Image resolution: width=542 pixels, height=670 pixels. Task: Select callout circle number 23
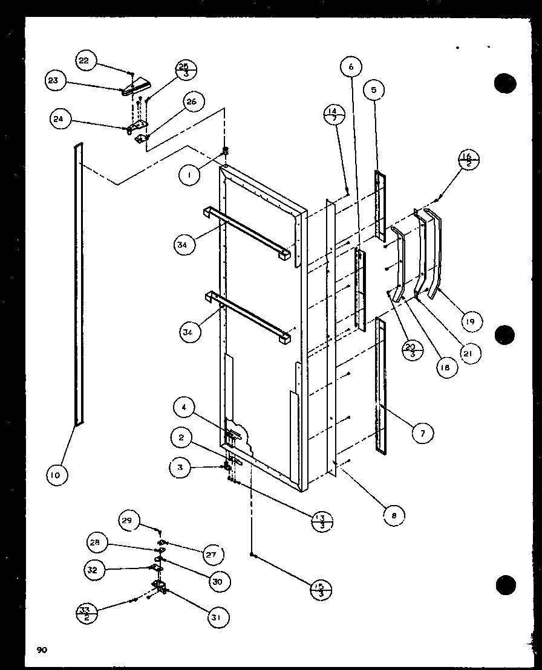click(x=54, y=80)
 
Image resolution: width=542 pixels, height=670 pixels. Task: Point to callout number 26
click(x=191, y=102)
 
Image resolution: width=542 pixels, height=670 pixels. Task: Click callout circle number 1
click(x=189, y=175)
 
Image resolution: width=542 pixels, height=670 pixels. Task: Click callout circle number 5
click(x=374, y=90)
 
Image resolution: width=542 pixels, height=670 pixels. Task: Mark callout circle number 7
click(x=423, y=431)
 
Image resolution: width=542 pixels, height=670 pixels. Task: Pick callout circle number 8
click(x=394, y=515)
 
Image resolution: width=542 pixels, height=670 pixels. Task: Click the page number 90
click(x=41, y=650)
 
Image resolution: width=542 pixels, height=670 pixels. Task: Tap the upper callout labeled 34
click(x=183, y=245)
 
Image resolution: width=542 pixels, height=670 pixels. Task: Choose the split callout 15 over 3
click(x=321, y=589)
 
